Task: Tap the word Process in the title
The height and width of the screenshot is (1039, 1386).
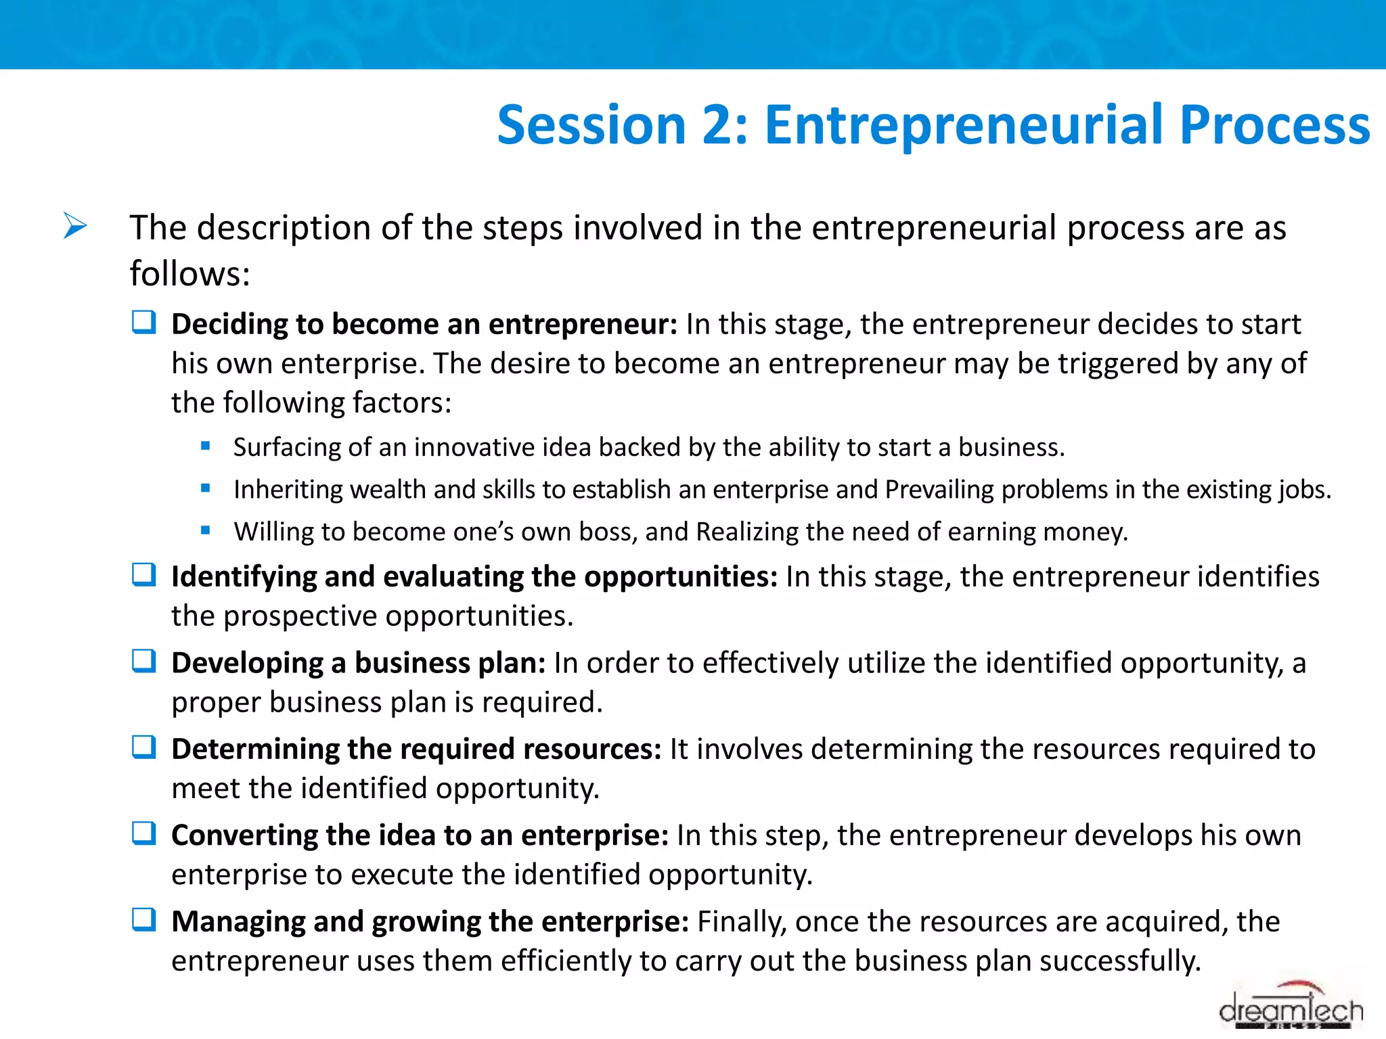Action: tap(1274, 125)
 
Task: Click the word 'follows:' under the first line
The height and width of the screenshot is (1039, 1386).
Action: tap(189, 274)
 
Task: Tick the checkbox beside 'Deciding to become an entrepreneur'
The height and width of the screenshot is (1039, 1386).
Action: tap(144, 323)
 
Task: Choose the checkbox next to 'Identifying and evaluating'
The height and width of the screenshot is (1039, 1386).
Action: tap(144, 575)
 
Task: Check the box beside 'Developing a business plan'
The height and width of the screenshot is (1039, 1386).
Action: tap(144, 661)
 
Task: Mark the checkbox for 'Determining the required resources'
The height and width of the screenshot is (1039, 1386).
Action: tap(144, 747)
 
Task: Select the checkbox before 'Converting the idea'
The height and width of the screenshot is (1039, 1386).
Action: tap(144, 833)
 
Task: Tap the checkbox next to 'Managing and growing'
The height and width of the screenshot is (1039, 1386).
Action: tap(144, 920)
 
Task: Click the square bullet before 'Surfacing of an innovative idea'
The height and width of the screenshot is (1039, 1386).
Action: tap(206, 446)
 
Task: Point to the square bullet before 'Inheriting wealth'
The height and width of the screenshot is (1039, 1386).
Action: tap(206, 488)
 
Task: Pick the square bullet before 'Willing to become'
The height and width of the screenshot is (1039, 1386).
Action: tap(206, 530)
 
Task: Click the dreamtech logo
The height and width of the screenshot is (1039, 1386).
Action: tap(1291, 1008)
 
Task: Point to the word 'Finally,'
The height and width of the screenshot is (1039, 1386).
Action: tap(742, 922)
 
